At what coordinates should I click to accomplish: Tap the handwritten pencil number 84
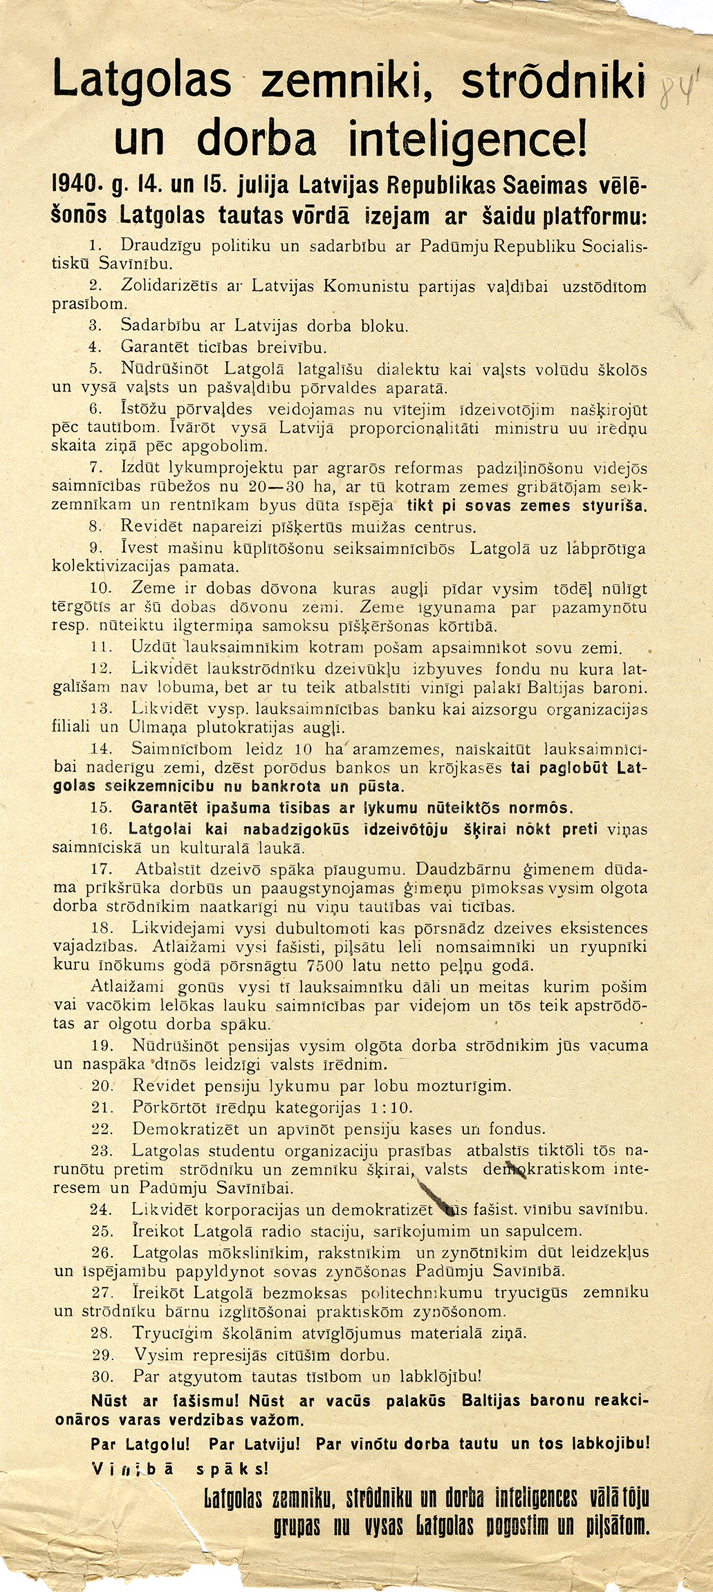coord(677,90)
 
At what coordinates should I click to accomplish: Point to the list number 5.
coord(95,369)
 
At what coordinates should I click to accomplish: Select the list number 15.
coord(102,807)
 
